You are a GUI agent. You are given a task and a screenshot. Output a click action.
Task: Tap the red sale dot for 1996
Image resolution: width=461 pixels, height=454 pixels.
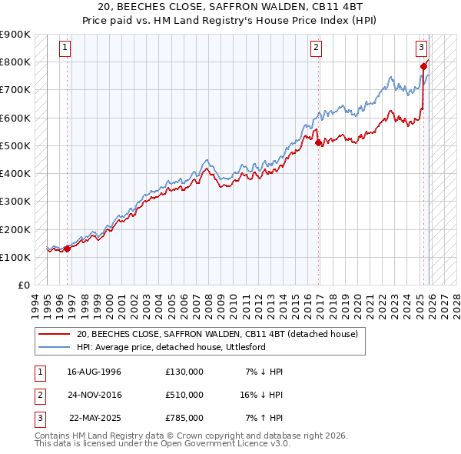[67, 249]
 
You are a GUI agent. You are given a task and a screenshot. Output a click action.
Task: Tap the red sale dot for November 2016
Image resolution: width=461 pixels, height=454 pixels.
[317, 142]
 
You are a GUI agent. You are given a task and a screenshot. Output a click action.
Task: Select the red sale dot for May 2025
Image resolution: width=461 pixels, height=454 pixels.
[423, 66]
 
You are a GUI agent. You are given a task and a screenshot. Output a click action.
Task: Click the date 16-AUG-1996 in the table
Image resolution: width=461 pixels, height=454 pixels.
[94, 372]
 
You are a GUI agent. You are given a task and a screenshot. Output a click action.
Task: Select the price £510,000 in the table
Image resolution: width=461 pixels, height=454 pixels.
[184, 395]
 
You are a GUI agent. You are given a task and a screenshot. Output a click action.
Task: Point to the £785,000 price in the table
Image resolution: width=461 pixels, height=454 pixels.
[184, 418]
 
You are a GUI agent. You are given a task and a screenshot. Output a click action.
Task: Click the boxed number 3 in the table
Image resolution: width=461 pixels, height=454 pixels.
[38, 418]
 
